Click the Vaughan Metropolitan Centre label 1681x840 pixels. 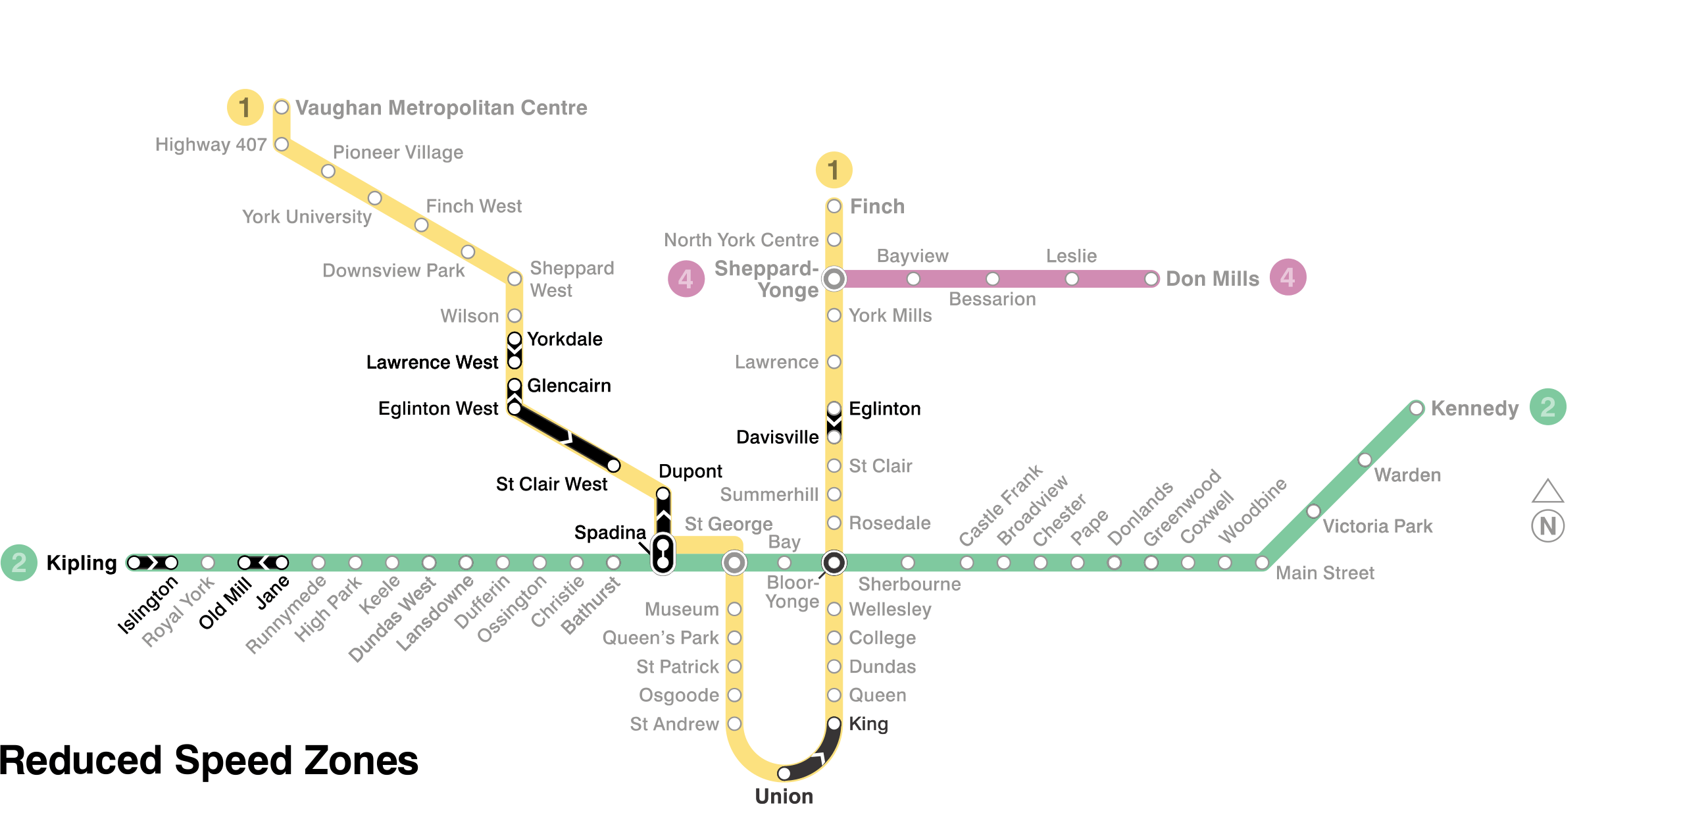(441, 107)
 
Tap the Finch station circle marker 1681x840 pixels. (834, 206)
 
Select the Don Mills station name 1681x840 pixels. (1212, 278)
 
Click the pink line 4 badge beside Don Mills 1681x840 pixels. (1287, 277)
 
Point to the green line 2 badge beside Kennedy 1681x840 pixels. (1547, 407)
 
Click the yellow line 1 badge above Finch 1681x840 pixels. (834, 170)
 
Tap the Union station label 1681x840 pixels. (784, 796)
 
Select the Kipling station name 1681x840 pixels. (82, 563)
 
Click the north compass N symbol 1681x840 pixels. (1547, 526)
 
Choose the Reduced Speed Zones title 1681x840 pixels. (209, 760)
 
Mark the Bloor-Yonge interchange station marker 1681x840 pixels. (834, 563)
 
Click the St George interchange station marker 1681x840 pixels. (734, 563)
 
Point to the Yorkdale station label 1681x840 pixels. (565, 339)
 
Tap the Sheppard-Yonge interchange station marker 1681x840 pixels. (834, 278)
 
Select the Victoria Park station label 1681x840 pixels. (1377, 526)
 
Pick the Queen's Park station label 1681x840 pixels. (660, 638)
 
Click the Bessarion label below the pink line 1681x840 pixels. (991, 300)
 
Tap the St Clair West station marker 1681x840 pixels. (613, 466)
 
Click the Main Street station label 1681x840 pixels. (1324, 573)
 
